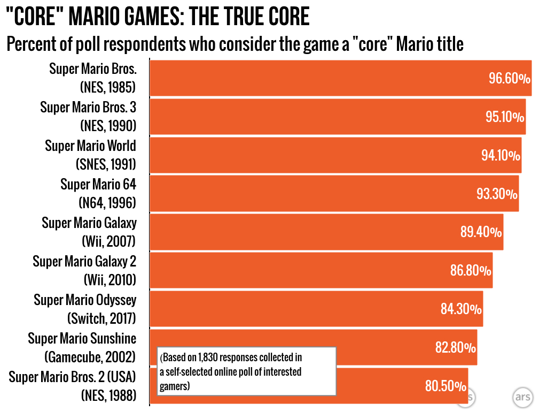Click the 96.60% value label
click(x=509, y=79)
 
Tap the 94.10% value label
click(x=501, y=156)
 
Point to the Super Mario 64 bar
click(x=334, y=194)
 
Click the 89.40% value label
click(x=481, y=232)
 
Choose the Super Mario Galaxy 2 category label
click(x=84, y=270)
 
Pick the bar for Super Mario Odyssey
click(x=315, y=309)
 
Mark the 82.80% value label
click(x=455, y=348)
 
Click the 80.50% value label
click(x=446, y=386)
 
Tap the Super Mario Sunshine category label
click(x=82, y=347)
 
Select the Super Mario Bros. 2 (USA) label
click(x=72, y=386)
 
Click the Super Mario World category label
click(x=90, y=155)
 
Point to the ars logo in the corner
click(x=522, y=397)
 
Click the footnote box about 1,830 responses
click(x=246, y=371)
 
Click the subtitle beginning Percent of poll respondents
click(x=235, y=44)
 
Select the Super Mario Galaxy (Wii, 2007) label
click(x=89, y=232)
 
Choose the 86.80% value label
click(x=471, y=271)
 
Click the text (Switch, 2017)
click(x=101, y=318)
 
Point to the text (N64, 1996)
click(x=107, y=203)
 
